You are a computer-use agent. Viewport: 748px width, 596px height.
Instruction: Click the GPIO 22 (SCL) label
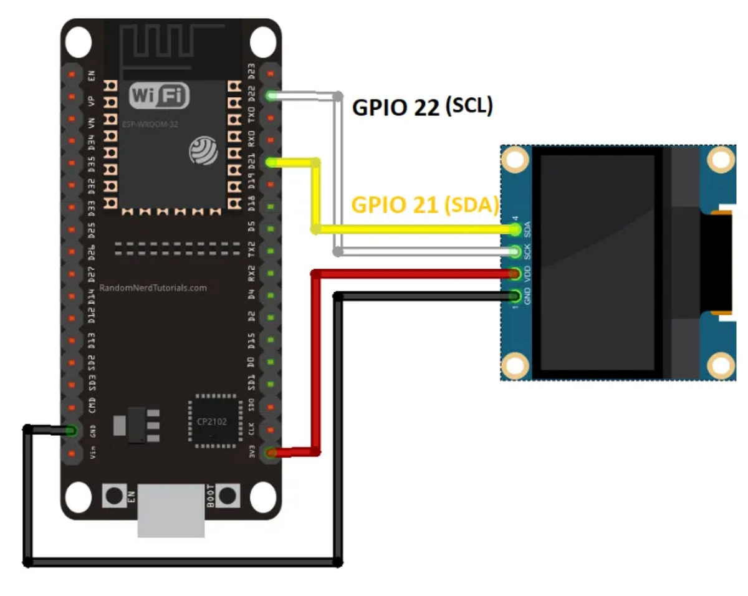423,107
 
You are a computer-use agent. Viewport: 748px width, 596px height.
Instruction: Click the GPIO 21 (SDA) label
425,204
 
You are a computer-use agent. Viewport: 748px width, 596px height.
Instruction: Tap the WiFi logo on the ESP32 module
159,96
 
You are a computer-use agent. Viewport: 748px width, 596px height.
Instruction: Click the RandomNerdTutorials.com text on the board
153,288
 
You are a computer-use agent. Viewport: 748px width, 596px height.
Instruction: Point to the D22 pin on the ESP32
271,95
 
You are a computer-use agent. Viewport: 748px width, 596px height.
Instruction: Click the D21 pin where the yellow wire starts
271,162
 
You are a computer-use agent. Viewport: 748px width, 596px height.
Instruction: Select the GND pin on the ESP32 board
71,430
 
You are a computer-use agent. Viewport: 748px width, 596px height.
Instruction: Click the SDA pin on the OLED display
515,229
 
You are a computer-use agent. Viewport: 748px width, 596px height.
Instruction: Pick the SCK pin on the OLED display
515,251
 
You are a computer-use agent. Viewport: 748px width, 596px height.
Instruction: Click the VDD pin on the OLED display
515,274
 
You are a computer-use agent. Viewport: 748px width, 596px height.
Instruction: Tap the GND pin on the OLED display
515,296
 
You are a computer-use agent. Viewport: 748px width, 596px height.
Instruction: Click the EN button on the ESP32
114,496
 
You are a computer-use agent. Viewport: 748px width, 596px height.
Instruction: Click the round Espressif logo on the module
204,150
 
